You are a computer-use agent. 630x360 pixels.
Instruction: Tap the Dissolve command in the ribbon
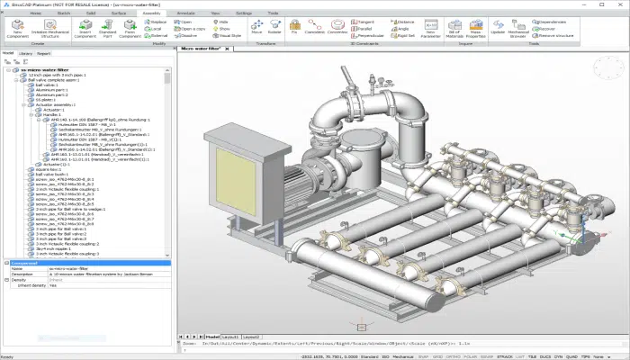click(x=186, y=36)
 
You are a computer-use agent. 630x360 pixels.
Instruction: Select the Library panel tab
click(x=25, y=53)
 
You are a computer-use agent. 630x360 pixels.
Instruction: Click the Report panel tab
click(x=43, y=53)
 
